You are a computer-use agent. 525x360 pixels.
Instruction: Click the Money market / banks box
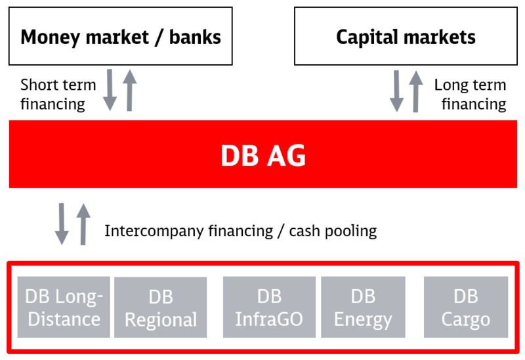[x=121, y=36]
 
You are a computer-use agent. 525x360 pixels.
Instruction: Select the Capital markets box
[x=406, y=36]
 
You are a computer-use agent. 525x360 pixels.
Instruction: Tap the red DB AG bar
[x=263, y=154]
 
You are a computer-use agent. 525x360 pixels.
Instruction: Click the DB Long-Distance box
[x=64, y=307]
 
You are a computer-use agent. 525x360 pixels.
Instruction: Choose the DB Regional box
[x=160, y=307]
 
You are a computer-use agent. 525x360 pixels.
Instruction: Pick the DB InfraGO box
[x=269, y=307]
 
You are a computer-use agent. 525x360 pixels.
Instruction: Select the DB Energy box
[x=363, y=307]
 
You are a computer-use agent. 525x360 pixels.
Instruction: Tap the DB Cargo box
[x=466, y=307]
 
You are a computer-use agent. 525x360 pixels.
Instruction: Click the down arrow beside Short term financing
[x=110, y=90]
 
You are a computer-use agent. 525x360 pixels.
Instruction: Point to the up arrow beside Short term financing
[x=129, y=90]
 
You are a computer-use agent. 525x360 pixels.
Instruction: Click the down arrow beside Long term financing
[x=397, y=91]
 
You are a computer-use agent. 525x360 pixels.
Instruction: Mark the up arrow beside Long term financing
[x=416, y=91]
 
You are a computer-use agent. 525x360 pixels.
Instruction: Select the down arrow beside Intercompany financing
[x=62, y=224]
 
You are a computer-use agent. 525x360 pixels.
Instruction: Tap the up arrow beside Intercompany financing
[x=83, y=224]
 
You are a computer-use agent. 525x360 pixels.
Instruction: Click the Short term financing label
[x=58, y=94]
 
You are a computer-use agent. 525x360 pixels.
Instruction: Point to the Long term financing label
[x=471, y=94]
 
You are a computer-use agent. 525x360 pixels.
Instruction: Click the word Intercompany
[x=154, y=231]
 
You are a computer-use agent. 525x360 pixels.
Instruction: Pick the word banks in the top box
[x=195, y=37]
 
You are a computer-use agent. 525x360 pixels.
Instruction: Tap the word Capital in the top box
[x=364, y=37]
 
